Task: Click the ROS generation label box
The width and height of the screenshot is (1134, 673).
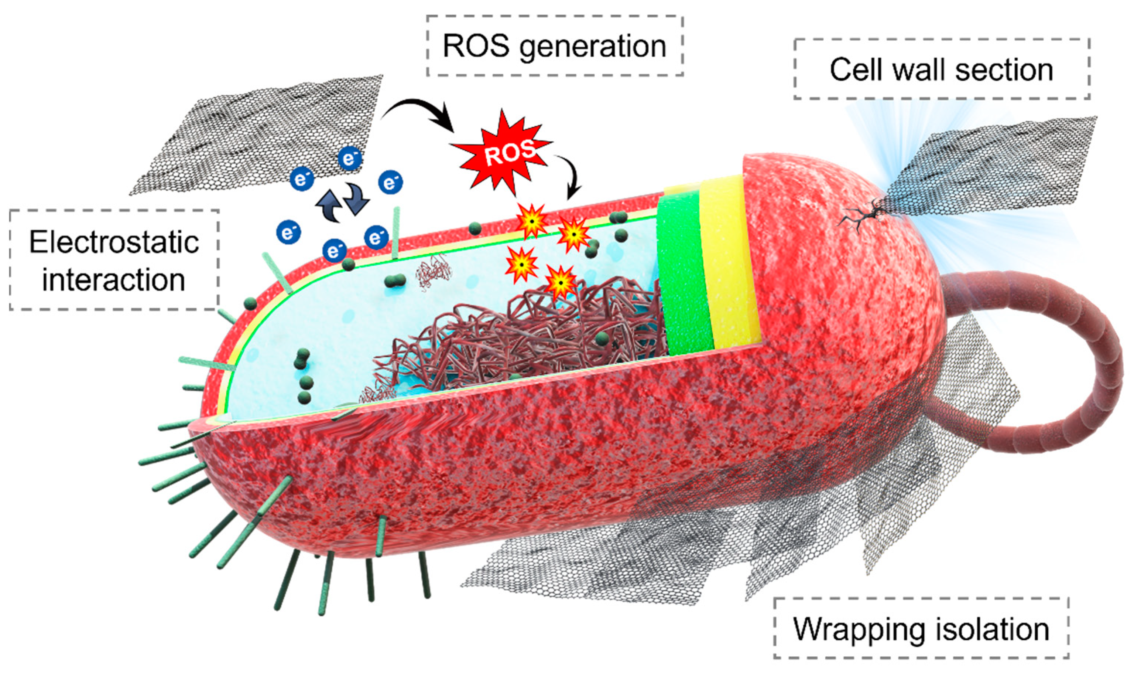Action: (555, 46)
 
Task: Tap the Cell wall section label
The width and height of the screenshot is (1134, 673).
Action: (942, 69)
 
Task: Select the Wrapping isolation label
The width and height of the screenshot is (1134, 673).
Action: (921, 629)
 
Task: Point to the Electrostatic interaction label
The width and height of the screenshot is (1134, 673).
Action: (114, 260)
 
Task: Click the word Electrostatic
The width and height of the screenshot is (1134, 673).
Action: (114, 242)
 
